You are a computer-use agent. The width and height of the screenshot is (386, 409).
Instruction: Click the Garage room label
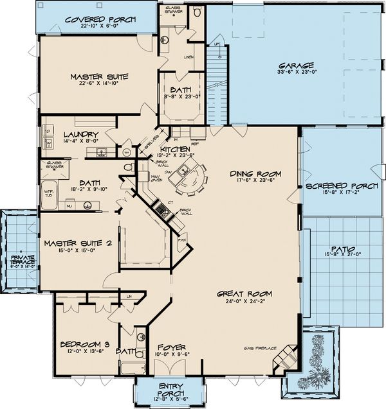pos(295,65)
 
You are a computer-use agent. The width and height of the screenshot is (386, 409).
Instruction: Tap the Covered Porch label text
pos(100,19)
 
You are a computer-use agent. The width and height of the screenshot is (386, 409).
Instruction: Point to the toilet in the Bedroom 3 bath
pos(140,334)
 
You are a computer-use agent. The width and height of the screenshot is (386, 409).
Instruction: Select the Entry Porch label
pos(169,389)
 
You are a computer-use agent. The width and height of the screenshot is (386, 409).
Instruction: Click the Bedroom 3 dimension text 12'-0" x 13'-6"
pos(82,351)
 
